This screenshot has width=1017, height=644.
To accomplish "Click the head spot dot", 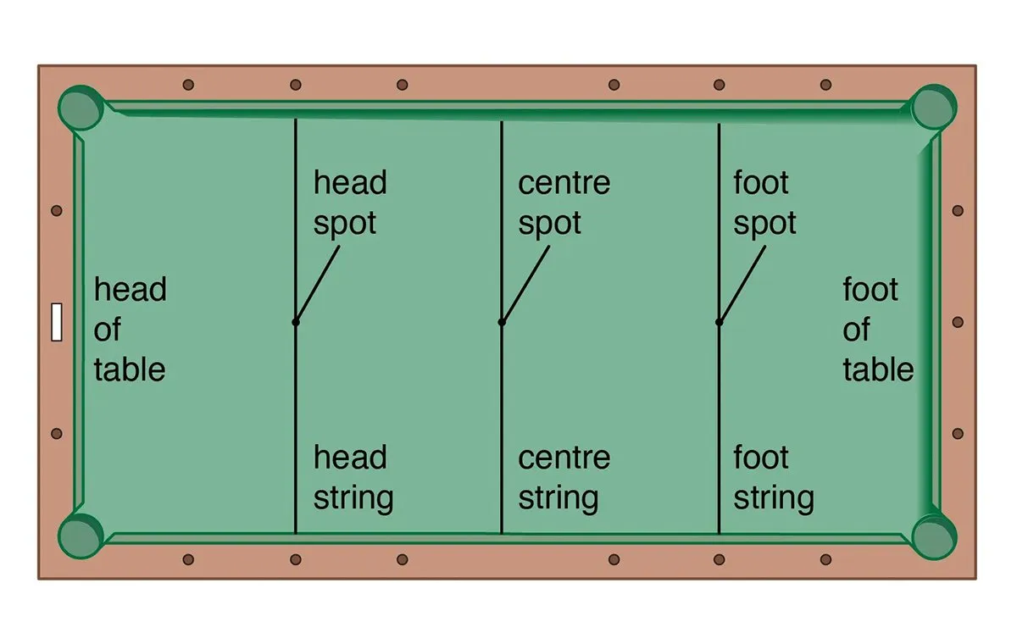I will [295, 322].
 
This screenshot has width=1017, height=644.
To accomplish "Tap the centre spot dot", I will [502, 322].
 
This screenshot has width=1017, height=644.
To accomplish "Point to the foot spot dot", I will [719, 322].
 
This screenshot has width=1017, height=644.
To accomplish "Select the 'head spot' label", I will [350, 203].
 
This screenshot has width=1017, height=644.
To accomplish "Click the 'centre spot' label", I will [564, 203].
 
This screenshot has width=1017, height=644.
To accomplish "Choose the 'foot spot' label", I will [764, 203].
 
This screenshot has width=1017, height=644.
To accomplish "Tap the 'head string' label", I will [353, 477].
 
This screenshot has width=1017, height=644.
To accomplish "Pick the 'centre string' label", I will [564, 477].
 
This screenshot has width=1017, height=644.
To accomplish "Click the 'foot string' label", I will [773, 477].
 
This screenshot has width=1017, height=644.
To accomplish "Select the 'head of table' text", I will [130, 330].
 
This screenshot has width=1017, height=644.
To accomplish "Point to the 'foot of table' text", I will [878, 330].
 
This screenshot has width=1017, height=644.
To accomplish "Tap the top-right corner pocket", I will [934, 107].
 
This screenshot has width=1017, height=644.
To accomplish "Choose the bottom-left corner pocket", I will [81, 536].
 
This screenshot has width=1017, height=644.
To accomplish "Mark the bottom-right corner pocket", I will [934, 536].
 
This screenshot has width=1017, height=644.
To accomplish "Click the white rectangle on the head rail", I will [57, 322].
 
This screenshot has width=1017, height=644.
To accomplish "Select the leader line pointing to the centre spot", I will [525, 284].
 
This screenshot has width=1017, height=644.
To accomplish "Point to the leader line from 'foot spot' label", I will [742, 284].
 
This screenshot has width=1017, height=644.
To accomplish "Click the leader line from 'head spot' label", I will [317, 284].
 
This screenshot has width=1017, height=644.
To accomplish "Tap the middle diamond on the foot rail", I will [958, 322].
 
